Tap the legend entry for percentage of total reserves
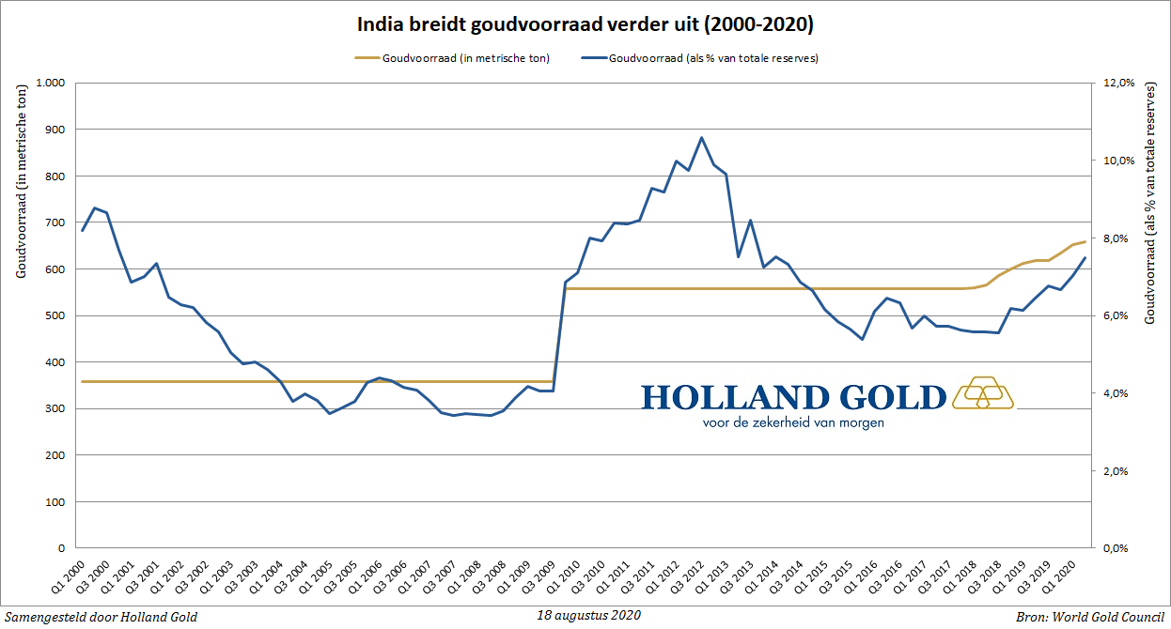coord(700,58)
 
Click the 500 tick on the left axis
coord(53,315)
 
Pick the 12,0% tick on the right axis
coord(1119,83)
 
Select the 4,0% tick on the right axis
coord(1116,393)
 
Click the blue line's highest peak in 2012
coord(701,138)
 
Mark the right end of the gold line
coord(1085,242)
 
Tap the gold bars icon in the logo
coord(983,393)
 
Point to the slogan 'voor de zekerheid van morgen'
coord(792,422)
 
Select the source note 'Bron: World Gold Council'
coord(1089,616)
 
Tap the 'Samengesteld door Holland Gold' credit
coord(101,616)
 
